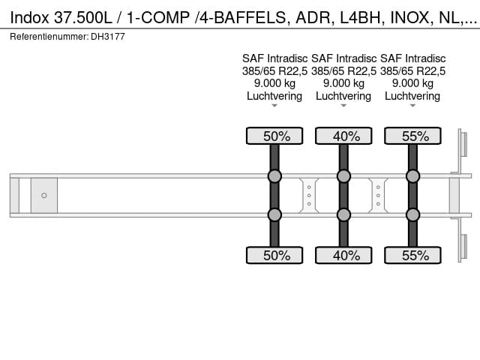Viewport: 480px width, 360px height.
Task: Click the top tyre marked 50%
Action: tap(274, 136)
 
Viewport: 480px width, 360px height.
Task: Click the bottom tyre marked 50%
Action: tap(274, 255)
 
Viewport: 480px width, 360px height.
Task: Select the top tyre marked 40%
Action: tap(343, 136)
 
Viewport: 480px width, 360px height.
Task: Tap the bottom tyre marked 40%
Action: tap(343, 255)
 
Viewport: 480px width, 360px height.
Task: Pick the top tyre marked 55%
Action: tap(412, 136)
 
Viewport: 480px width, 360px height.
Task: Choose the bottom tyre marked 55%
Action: tap(412, 255)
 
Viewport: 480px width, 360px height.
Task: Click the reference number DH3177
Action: tap(108, 37)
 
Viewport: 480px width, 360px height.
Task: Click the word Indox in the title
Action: tap(30, 18)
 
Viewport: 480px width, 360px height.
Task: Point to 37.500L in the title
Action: tap(83, 18)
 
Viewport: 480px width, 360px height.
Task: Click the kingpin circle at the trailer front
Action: tap(44, 195)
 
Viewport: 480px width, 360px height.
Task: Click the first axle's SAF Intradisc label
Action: tap(274, 58)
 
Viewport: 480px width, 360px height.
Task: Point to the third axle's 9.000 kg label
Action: tap(412, 83)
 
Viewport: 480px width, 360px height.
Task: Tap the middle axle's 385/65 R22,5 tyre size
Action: tap(343, 71)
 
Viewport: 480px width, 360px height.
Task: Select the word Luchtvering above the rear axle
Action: tap(412, 96)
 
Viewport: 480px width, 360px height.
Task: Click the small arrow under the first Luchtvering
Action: tap(274, 106)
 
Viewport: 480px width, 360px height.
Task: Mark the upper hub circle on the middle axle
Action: tap(343, 176)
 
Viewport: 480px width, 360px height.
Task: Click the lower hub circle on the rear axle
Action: tap(412, 215)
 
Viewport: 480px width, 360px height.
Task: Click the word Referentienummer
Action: tap(49, 37)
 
